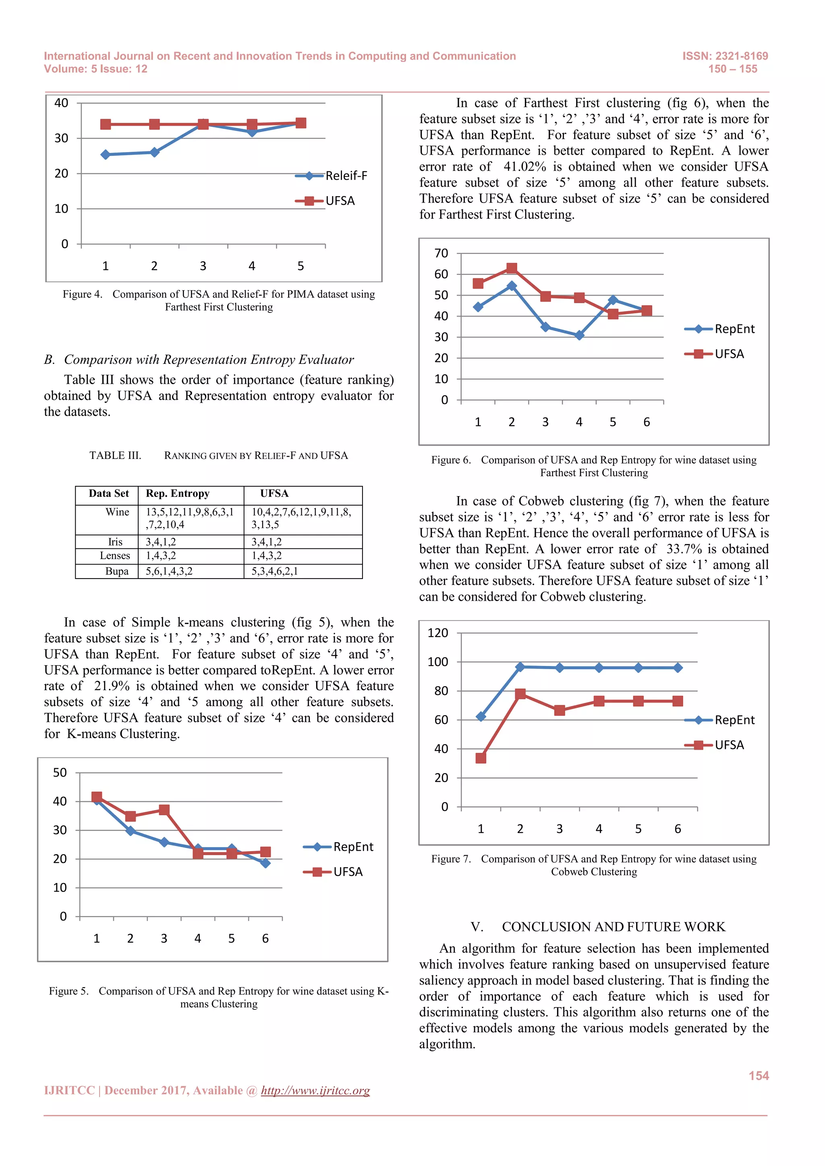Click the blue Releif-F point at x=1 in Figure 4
(x=106, y=154)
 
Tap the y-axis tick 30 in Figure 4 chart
(x=62, y=138)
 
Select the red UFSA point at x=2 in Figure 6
(x=512, y=268)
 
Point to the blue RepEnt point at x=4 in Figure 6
(x=579, y=335)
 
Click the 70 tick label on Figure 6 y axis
(x=442, y=253)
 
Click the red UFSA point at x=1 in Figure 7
(x=481, y=758)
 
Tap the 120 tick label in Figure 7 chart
(x=438, y=633)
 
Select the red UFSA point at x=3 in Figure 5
(x=164, y=810)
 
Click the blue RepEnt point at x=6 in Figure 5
(x=265, y=863)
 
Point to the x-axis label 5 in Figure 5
(x=232, y=939)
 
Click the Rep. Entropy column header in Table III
(x=177, y=494)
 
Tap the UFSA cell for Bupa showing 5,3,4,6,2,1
(x=275, y=571)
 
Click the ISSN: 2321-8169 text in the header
(x=725, y=56)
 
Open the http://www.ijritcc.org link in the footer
(x=315, y=1091)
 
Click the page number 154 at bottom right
(x=759, y=1075)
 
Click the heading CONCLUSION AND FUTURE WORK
(x=613, y=927)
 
